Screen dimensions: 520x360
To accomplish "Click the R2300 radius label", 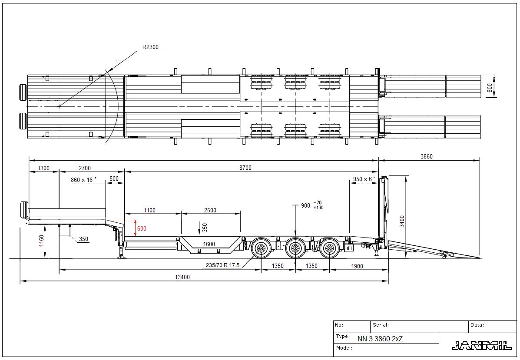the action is point(150,47).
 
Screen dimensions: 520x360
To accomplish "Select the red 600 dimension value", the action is point(142,228).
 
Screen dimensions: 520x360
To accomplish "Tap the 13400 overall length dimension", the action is point(182,277).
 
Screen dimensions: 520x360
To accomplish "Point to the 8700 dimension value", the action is point(245,168).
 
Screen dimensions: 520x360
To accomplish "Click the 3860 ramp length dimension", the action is point(427,156).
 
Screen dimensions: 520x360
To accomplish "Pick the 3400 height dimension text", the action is point(402,221).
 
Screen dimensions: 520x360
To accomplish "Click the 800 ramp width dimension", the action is point(490,88).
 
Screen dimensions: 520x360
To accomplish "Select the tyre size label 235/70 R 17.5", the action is point(222,265).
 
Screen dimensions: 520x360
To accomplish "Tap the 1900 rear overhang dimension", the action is point(357,266).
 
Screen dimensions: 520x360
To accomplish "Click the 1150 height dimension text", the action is point(41,241).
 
